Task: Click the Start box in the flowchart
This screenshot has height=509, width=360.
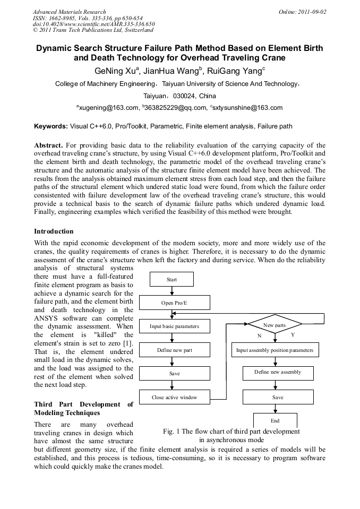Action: (172, 279)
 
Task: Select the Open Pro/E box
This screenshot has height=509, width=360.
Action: (174, 303)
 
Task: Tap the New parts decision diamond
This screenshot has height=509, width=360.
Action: (275, 325)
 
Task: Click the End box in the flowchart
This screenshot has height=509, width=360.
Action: (275, 420)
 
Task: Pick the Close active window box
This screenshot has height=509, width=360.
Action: (174, 397)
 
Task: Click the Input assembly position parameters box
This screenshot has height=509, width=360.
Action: (275, 350)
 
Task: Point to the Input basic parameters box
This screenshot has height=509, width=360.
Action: (174, 326)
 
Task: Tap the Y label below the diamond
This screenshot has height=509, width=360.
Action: (293, 335)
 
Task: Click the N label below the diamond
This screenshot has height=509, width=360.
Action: (260, 336)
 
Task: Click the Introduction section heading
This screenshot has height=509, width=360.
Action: (54, 231)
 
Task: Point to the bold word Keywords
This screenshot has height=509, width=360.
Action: (50, 126)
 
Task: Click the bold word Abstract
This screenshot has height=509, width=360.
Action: (49, 145)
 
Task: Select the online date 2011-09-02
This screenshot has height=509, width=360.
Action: (316, 12)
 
